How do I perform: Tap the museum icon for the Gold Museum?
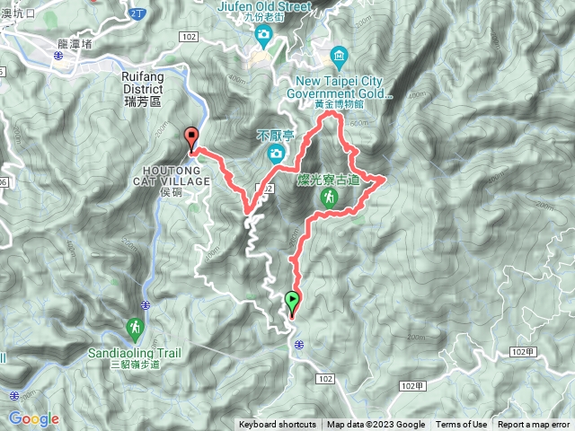339,57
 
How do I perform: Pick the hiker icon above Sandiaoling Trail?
135,327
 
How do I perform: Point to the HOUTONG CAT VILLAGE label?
174,174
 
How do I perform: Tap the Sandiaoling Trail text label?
134,353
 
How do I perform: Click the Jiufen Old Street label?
263,6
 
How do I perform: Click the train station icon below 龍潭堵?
57,56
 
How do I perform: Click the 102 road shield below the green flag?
325,379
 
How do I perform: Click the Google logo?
33,418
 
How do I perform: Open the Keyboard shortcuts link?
278,425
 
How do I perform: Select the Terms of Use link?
462,425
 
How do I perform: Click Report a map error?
535,425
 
